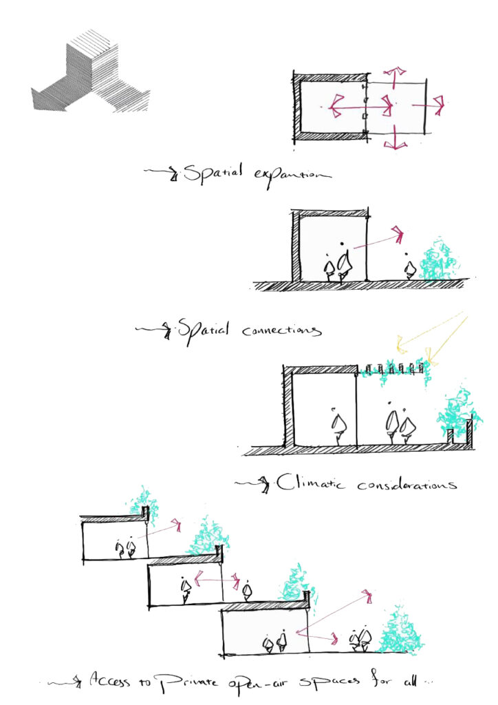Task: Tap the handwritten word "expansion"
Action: pos(292,177)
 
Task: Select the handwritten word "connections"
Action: pos(281,331)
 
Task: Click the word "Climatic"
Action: pos(310,483)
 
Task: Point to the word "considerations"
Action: pos(407,485)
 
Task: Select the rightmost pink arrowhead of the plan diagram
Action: pos(439,105)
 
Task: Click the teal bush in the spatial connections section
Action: pos(435,260)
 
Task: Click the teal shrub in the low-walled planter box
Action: pos(458,413)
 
